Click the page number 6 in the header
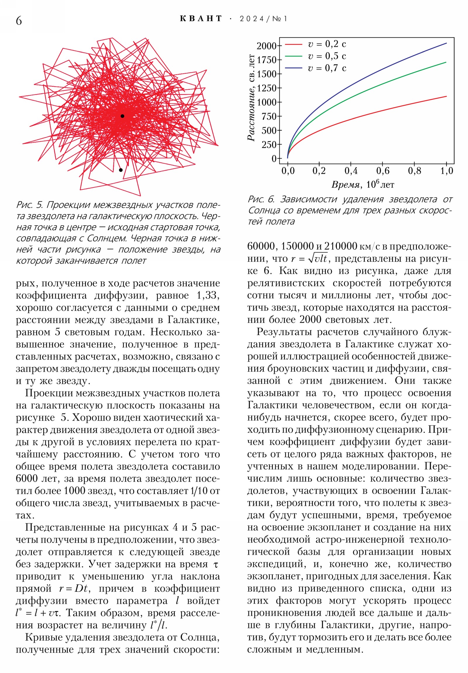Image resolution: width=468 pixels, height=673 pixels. pos(19,21)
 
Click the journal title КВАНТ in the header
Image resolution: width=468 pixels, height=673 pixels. pos(201,19)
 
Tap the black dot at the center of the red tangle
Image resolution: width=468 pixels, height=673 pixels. pos(122,116)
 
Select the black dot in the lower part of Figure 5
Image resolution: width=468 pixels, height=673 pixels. pos(121,170)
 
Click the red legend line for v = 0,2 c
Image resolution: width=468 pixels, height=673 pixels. pos(293,44)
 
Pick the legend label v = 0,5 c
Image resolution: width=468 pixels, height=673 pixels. pos(327,56)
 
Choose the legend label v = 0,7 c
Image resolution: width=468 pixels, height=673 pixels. pos(327,68)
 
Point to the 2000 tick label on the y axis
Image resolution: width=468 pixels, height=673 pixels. pos(266,46)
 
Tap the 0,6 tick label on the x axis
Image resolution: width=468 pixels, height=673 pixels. pos(382,171)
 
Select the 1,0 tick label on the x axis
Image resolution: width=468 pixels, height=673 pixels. pos(446,171)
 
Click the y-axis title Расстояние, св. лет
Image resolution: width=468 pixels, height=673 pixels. pos(252,98)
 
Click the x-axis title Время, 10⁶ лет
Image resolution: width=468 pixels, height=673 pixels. pos(363,185)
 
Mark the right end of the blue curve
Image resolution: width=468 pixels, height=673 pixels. pos(446,43)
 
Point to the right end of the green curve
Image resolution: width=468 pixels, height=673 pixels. pos(446,62)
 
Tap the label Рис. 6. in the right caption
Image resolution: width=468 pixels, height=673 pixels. pos(261,200)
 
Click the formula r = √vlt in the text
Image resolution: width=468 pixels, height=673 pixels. pos(309,259)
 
